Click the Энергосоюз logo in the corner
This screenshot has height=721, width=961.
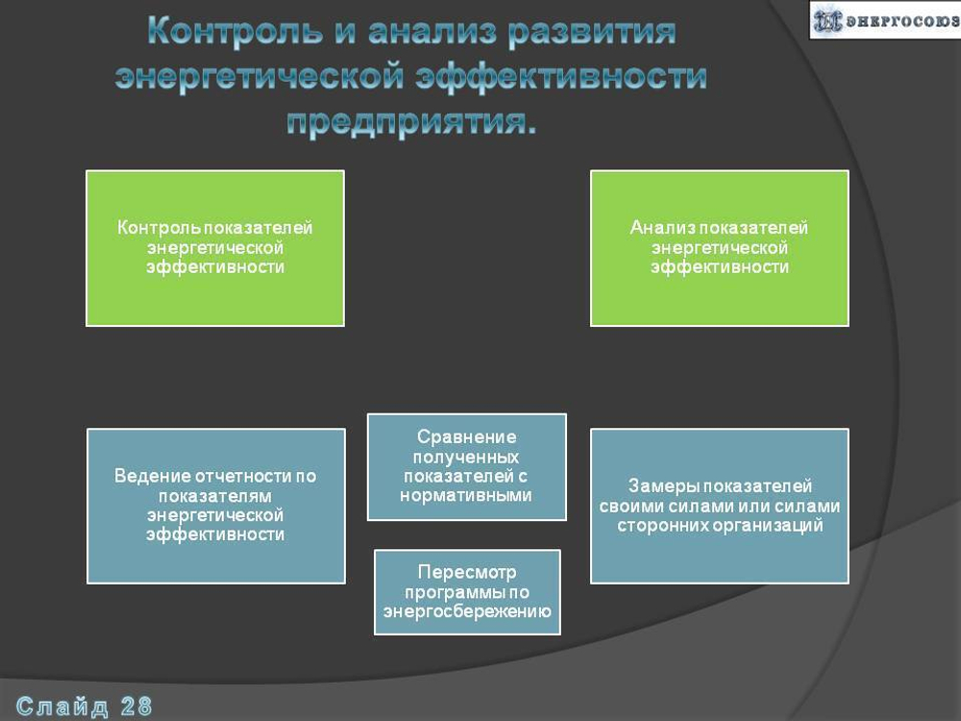click(884, 20)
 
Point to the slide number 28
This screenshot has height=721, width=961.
click(136, 707)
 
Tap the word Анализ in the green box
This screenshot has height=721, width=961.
click(663, 228)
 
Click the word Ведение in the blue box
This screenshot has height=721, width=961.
click(152, 476)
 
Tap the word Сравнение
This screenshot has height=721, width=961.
click(466, 436)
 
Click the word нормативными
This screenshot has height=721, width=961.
click(466, 496)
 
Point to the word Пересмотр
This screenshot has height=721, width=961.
click(467, 573)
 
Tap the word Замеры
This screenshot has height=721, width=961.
click(658, 486)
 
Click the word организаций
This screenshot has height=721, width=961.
click(768, 526)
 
